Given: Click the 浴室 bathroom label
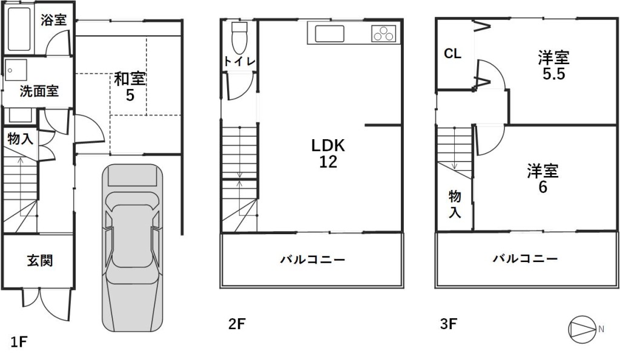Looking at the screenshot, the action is [54, 20].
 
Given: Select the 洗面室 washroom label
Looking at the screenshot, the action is [39, 91].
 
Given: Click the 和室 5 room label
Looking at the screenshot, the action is [130, 86].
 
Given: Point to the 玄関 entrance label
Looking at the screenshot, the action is [40, 260].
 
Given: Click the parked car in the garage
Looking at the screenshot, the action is [133, 248].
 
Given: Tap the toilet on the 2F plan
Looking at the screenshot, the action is [239, 38].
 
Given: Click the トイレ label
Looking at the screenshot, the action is [239, 61].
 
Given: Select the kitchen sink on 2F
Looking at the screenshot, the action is [329, 33].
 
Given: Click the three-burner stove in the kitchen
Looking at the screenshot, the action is [383, 33].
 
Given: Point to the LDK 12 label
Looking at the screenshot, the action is [328, 153].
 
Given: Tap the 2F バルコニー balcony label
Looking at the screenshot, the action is [313, 260].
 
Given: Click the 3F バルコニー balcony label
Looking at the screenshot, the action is [525, 259].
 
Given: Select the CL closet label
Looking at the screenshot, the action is [453, 53].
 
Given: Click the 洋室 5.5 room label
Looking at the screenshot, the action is [553, 65].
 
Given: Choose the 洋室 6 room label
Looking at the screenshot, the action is [543, 179].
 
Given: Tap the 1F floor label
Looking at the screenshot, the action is [18, 342].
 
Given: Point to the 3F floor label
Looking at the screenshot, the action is [449, 324].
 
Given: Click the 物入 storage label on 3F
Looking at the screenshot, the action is [455, 204].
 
